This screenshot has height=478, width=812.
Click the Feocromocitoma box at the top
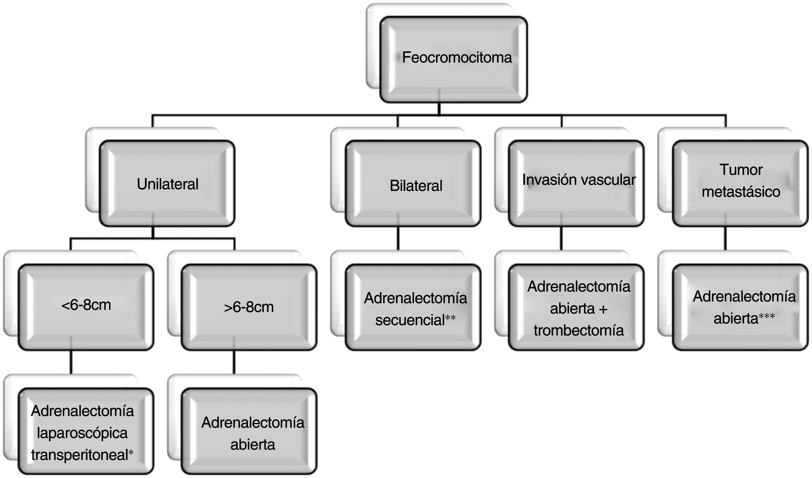(456, 58)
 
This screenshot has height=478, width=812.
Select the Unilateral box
(167, 184)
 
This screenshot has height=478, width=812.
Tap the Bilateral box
(416, 186)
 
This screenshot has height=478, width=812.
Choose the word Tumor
(741, 170)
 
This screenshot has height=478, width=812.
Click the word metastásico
(741, 192)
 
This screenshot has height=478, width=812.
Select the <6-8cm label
(86, 305)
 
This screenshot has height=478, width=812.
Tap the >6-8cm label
(249, 307)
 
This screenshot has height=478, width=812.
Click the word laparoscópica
(82, 433)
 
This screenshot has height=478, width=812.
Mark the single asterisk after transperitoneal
(131, 454)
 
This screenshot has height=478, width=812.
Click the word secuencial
(410, 320)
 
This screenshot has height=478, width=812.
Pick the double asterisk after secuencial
(450, 318)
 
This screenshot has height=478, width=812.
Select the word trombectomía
(578, 330)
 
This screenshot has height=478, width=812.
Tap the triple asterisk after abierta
(767, 317)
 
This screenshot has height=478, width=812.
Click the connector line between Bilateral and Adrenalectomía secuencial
(398, 238)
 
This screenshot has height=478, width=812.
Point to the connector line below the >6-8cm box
(234, 362)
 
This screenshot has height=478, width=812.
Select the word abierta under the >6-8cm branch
(252, 445)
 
